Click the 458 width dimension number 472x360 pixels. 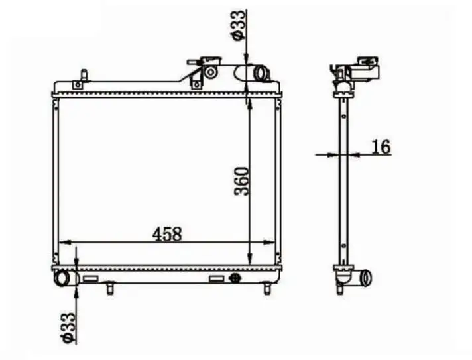(x=167, y=234)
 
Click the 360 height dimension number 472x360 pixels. (x=242, y=181)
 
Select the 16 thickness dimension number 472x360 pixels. (x=381, y=147)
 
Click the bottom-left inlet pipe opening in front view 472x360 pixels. (x=62, y=278)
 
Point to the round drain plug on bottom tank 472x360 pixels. (x=235, y=278)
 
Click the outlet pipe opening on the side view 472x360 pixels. (x=367, y=278)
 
